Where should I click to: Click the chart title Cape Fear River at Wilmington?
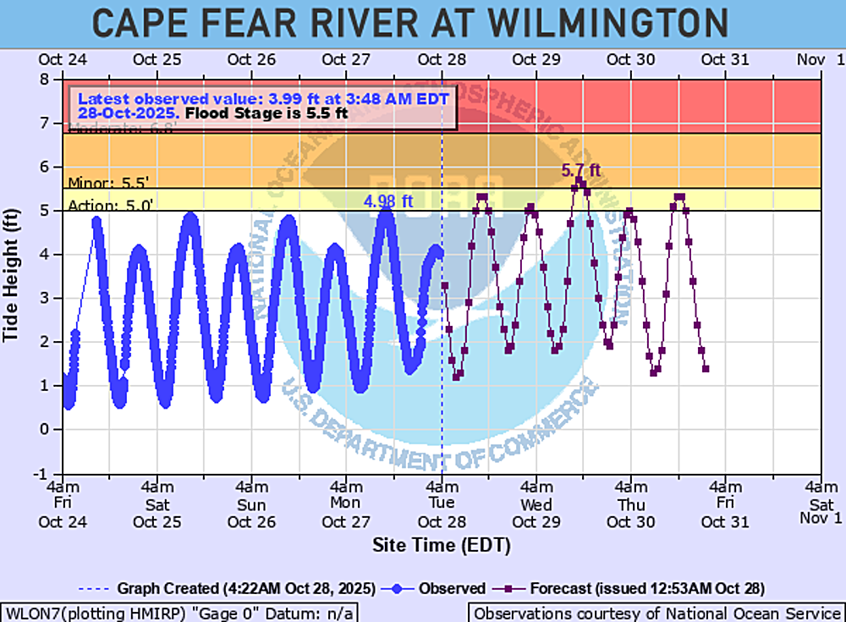pyautogui.click(x=409, y=23)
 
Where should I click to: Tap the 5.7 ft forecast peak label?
pyautogui.click(x=581, y=172)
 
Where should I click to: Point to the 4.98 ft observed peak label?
pyautogui.click(x=388, y=201)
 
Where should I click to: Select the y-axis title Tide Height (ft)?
pyautogui.click(x=11, y=276)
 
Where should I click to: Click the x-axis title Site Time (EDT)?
pyautogui.click(x=442, y=545)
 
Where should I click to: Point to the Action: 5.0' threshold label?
pyautogui.click(x=100, y=204)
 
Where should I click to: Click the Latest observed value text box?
pyautogui.click(x=261, y=106)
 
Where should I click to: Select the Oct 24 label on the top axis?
pyautogui.click(x=63, y=59)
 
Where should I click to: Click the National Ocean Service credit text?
pyautogui.click(x=656, y=613)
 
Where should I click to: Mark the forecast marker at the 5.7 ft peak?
pyautogui.click(x=580, y=181)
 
